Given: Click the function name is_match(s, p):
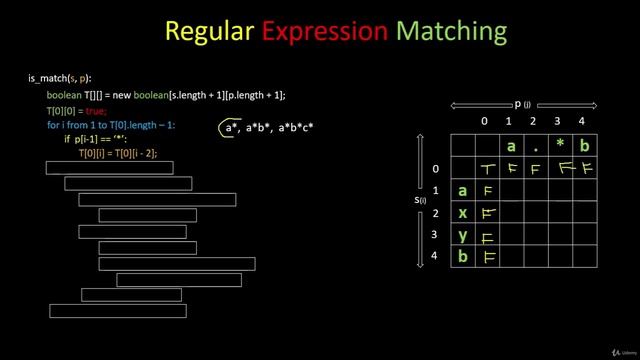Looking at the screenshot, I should coord(60,78).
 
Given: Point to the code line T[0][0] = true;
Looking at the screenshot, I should coord(77,110).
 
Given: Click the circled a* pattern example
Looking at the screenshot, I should coord(231,129).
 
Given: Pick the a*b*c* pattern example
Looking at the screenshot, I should coord(296,129).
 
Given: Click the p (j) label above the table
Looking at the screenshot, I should coord(521,103).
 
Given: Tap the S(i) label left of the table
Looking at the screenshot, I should coord(421,200).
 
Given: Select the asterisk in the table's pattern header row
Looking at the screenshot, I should coord(560,146).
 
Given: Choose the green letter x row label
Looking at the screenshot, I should coord(462,213).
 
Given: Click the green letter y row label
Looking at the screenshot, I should coord(462,236).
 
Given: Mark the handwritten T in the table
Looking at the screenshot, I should coord(487,169).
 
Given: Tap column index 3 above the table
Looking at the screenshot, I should coord(559,121).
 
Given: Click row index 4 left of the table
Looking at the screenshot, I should coord(435,257).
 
